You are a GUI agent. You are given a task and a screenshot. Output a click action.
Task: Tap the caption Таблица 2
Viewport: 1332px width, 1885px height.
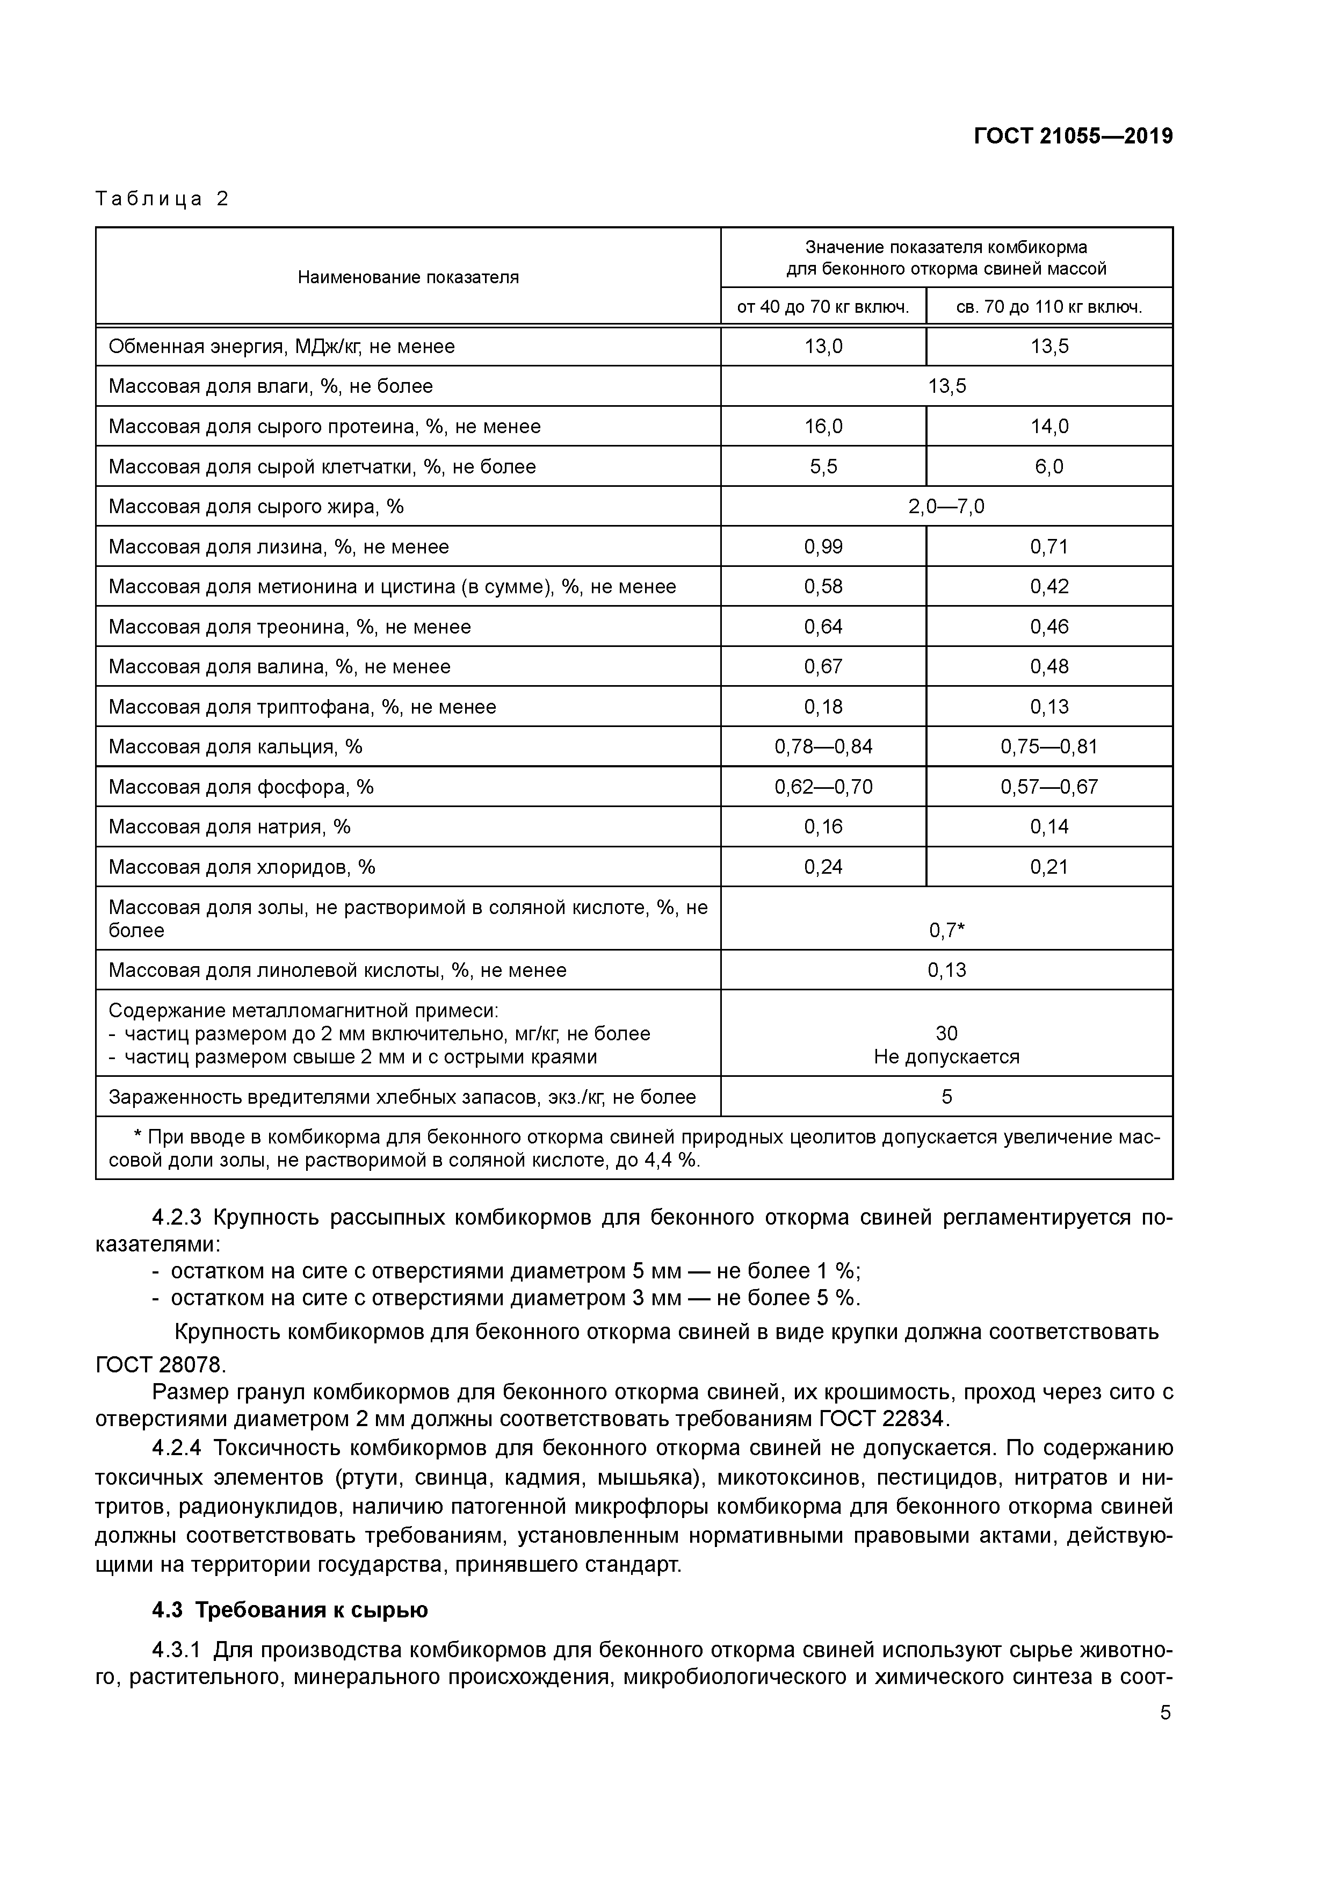coord(162,199)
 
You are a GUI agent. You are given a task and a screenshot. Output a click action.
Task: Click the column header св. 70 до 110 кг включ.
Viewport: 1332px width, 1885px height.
coord(1049,307)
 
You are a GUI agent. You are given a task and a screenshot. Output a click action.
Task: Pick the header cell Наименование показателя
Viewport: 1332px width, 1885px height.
coord(408,277)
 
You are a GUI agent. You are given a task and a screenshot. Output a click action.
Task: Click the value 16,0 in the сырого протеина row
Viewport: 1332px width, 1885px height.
coord(823,426)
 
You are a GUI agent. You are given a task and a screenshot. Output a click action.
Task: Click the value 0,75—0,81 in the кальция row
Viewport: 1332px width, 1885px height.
coord(1049,746)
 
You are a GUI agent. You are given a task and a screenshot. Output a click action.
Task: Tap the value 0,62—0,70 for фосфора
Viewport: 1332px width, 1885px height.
coord(823,787)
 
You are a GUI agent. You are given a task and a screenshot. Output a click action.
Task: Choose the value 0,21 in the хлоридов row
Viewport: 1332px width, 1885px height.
coord(1049,867)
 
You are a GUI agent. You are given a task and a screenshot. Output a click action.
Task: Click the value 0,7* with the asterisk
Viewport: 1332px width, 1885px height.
coord(946,930)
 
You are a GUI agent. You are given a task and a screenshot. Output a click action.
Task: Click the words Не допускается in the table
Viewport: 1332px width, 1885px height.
coord(946,1056)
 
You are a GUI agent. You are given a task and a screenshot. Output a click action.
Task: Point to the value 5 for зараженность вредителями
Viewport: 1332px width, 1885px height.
coord(946,1097)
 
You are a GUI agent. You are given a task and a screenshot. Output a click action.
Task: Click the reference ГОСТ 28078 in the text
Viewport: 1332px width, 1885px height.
coord(160,1364)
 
